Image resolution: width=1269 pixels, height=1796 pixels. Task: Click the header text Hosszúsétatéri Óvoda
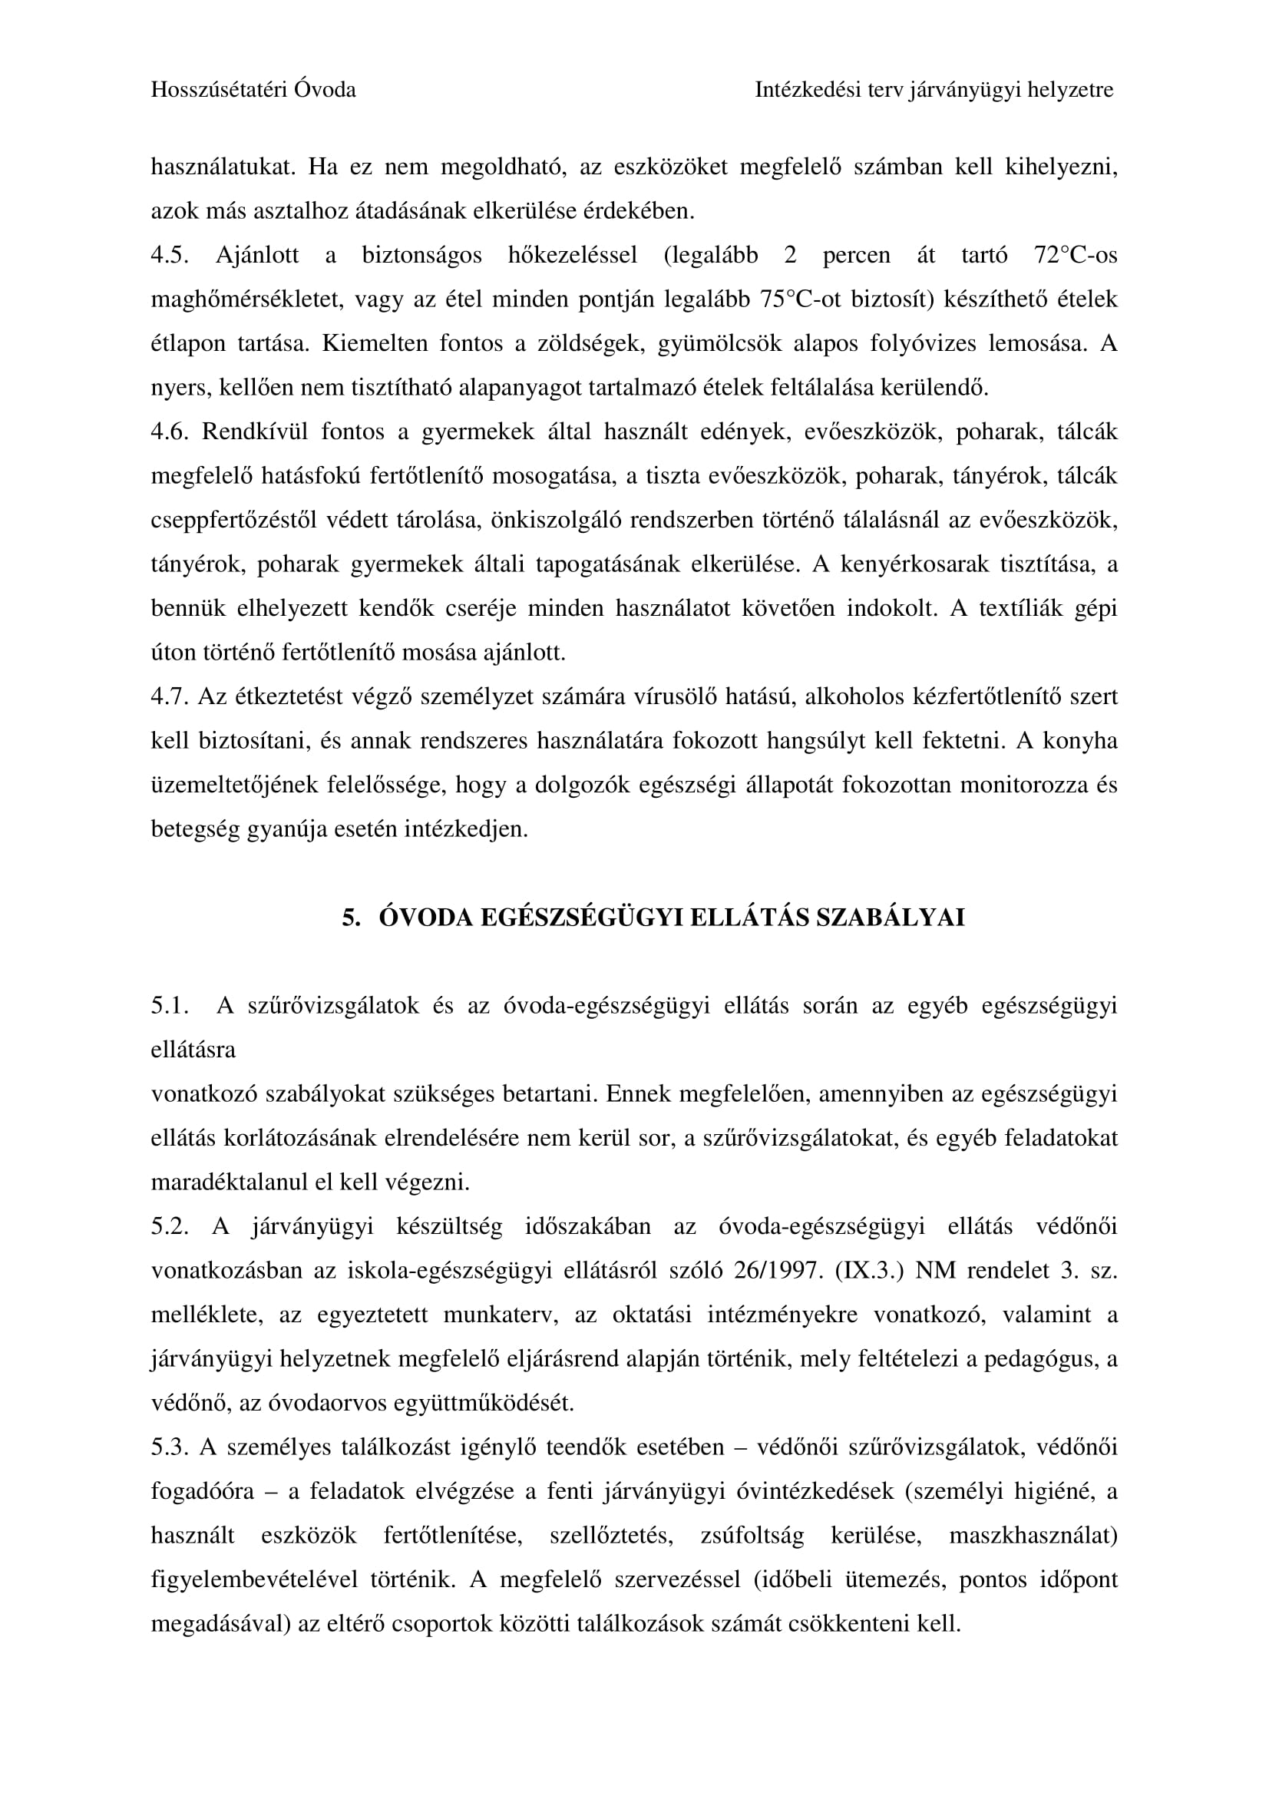(253, 90)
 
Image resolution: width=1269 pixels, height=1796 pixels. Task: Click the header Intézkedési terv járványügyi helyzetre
(934, 90)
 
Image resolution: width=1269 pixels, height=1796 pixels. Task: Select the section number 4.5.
(170, 255)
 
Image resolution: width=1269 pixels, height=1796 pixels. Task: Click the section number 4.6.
(170, 432)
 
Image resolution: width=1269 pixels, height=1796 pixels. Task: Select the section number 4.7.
(170, 696)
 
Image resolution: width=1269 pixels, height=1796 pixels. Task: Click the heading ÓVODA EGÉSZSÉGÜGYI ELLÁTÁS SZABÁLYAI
(671, 918)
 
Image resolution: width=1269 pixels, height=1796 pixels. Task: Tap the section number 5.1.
(170, 1006)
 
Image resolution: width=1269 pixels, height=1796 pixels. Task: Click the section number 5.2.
(170, 1226)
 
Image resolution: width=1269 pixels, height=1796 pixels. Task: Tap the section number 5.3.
(170, 1447)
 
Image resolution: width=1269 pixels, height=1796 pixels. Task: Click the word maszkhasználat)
(1033, 1536)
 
